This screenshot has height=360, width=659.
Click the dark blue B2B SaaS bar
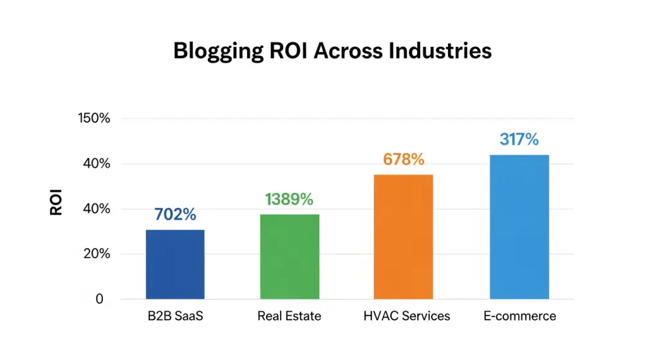click(175, 264)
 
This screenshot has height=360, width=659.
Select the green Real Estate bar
click(290, 256)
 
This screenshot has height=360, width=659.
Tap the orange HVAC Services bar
click(404, 236)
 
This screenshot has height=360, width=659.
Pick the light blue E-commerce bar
click(519, 227)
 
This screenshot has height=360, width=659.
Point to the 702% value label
click(175, 215)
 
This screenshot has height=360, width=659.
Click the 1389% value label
click(289, 200)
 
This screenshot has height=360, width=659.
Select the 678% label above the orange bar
click(404, 160)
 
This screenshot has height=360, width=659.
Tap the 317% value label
click(519, 139)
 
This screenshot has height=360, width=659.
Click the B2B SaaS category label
click(175, 316)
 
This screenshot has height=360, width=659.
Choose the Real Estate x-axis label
click(289, 316)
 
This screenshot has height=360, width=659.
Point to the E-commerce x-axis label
click(519, 316)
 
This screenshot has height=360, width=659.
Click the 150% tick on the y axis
click(94, 118)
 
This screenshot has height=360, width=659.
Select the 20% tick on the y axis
click(97, 254)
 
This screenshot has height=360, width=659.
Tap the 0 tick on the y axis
click(99, 299)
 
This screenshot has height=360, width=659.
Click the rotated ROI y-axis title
click(57, 201)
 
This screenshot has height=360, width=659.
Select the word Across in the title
click(343, 50)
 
